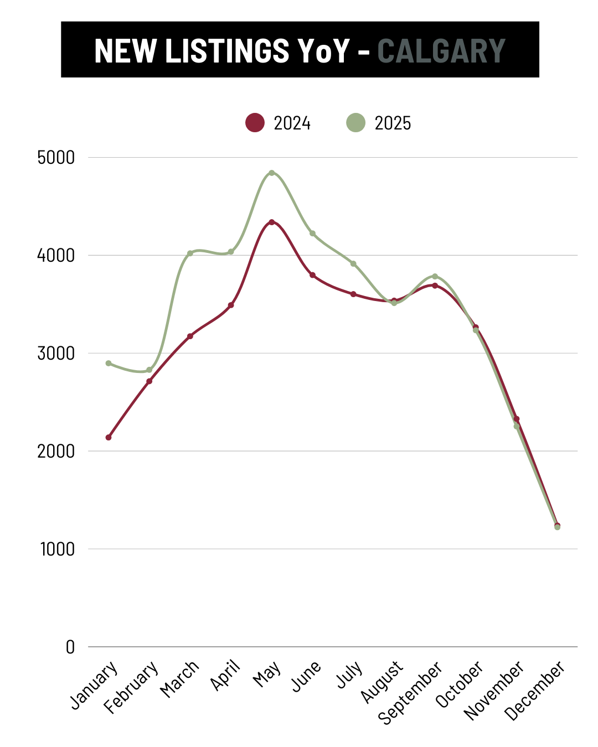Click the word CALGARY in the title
pos(441,51)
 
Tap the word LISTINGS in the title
pos(227,51)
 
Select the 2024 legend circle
pos(255,123)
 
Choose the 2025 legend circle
pos(355,123)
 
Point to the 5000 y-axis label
pos(56,158)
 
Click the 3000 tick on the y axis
pos(56,354)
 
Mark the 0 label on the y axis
pos(70,647)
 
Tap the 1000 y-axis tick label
pos(57,549)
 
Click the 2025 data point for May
pos(271,173)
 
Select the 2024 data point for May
pos(271,222)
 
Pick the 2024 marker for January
pos(109,437)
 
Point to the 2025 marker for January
pos(109,364)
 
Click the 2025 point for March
pos(190,253)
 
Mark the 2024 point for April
pos(231,305)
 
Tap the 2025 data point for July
pos(353,263)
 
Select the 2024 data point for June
pos(312,275)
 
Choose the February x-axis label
pos(132,687)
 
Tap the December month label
pos(535,691)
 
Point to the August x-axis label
pos(382,682)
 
